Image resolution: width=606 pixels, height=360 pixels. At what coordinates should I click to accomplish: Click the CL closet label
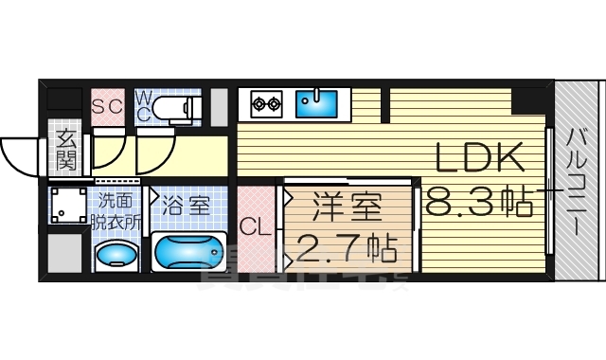[254, 228]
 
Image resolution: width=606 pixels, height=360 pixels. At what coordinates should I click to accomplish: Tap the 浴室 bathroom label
[186, 206]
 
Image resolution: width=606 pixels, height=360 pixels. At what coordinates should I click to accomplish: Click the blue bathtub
[190, 253]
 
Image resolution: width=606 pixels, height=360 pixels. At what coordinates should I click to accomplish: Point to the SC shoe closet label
[107, 106]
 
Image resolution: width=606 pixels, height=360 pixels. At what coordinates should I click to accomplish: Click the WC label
[144, 105]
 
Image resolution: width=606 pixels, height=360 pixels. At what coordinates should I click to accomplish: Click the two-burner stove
[264, 102]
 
